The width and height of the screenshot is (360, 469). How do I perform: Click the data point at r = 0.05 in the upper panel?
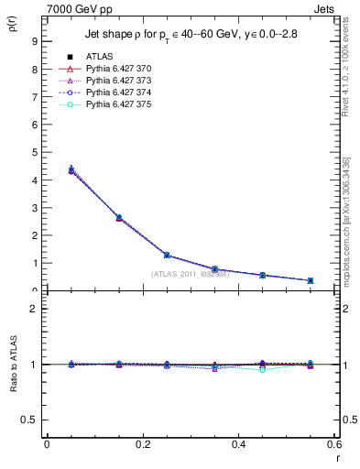coord(71,170)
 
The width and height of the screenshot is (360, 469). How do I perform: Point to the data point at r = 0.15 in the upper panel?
coord(119,218)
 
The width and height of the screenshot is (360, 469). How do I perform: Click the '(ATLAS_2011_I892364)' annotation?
coord(190,274)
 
